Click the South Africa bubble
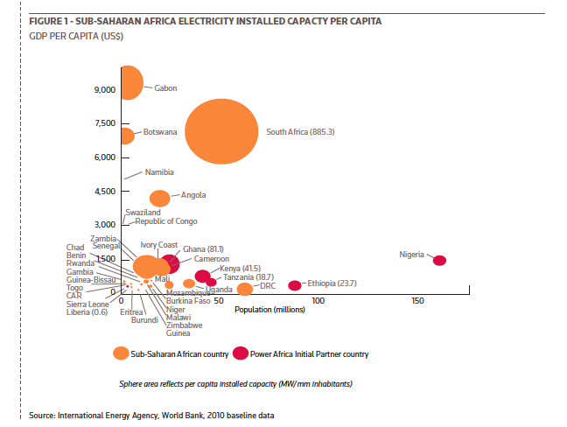point(221,131)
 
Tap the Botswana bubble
point(127,135)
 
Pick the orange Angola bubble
point(160,199)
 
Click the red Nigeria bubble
point(439,260)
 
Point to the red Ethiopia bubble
point(295,285)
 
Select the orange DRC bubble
point(245,289)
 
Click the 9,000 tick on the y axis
point(105,90)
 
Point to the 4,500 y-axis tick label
point(105,191)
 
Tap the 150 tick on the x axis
point(418,300)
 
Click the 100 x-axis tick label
point(318,300)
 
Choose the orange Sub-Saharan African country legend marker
point(121,353)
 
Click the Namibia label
point(159,172)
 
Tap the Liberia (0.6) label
point(87,311)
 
